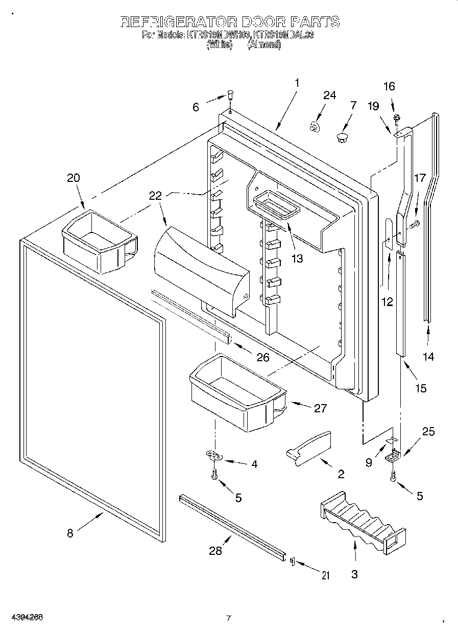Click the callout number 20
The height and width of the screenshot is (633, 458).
74,178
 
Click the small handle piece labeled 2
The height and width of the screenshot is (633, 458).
309,448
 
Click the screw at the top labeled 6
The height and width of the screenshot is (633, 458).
230,95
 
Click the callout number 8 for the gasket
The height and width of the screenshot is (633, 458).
70,533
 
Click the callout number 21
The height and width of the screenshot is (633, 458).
325,576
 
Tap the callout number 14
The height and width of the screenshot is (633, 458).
429,357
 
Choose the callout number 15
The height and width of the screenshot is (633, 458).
420,388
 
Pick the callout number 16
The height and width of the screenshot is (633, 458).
389,86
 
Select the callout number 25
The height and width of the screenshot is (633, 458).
428,432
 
